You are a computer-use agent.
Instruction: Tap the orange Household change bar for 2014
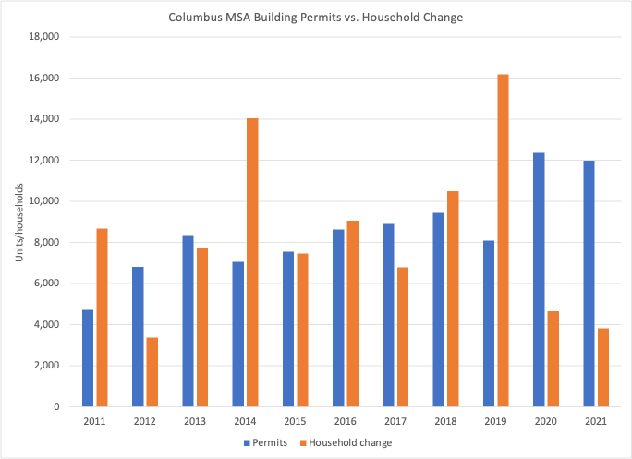[252, 262]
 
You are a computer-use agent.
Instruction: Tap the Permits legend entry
[268, 443]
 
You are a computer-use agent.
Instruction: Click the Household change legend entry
[351, 443]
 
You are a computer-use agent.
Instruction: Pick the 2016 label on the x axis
[346, 420]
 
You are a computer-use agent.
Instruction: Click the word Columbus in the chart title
[193, 17]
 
